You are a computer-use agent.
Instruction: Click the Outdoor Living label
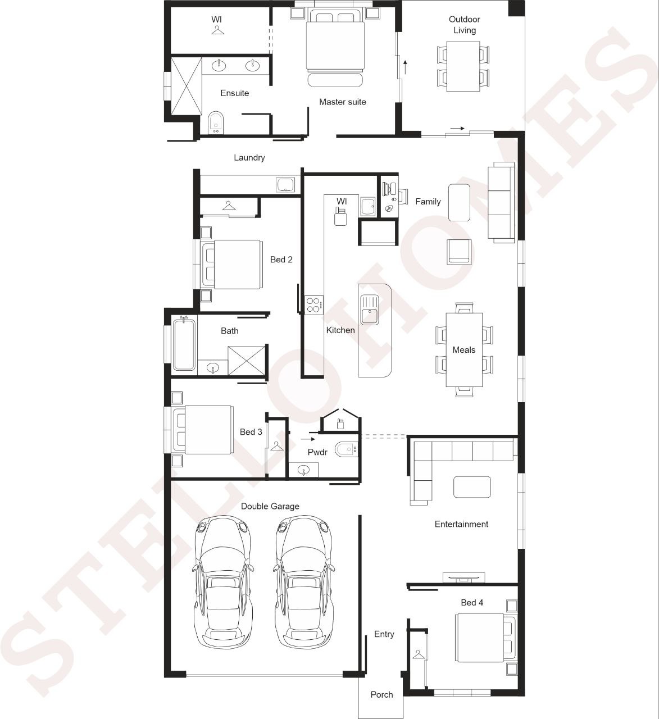[x=464, y=25]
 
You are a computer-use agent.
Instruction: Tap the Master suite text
[x=342, y=102]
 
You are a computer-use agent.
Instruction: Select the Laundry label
[x=249, y=158]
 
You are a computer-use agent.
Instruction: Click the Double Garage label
[x=270, y=507]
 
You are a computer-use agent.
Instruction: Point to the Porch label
[x=381, y=695]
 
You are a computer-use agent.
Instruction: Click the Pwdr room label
[x=317, y=452]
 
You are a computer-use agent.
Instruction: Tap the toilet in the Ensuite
[x=216, y=122]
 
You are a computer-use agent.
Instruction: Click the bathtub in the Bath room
[x=184, y=344]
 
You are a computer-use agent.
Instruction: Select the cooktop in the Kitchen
[x=313, y=305]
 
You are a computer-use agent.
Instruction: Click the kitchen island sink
[x=369, y=310]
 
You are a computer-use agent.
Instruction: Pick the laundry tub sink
[x=285, y=185]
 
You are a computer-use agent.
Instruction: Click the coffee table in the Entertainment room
[x=472, y=487]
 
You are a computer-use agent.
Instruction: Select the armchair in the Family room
[x=459, y=252]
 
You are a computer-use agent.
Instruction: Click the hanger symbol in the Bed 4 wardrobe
[x=418, y=654]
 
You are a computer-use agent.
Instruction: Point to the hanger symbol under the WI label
[x=217, y=30]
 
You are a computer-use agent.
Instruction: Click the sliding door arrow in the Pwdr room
[x=308, y=439]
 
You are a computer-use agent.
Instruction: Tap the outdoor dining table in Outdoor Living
[x=463, y=66]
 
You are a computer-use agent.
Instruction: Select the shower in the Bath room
[x=247, y=361]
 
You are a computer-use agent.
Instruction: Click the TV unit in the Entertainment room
[x=464, y=578]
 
